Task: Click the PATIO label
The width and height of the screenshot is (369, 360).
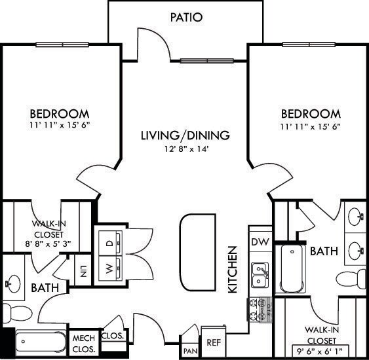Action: click(185, 17)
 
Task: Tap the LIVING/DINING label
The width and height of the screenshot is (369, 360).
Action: click(185, 136)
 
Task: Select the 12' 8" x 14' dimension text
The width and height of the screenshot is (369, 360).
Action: click(185, 149)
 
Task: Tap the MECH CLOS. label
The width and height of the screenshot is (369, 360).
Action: click(84, 342)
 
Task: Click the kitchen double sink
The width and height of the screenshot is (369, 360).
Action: click(260, 274)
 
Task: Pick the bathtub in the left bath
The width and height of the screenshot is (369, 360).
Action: click(39, 342)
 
